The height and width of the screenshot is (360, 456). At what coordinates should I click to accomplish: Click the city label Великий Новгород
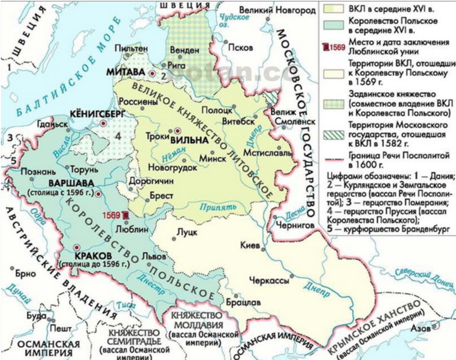(x=277, y=10)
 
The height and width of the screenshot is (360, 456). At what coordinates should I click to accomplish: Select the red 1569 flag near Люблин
(x=125, y=215)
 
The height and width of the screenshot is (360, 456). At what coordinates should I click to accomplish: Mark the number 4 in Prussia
(x=118, y=136)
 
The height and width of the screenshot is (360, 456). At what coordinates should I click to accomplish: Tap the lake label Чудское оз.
(x=232, y=21)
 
